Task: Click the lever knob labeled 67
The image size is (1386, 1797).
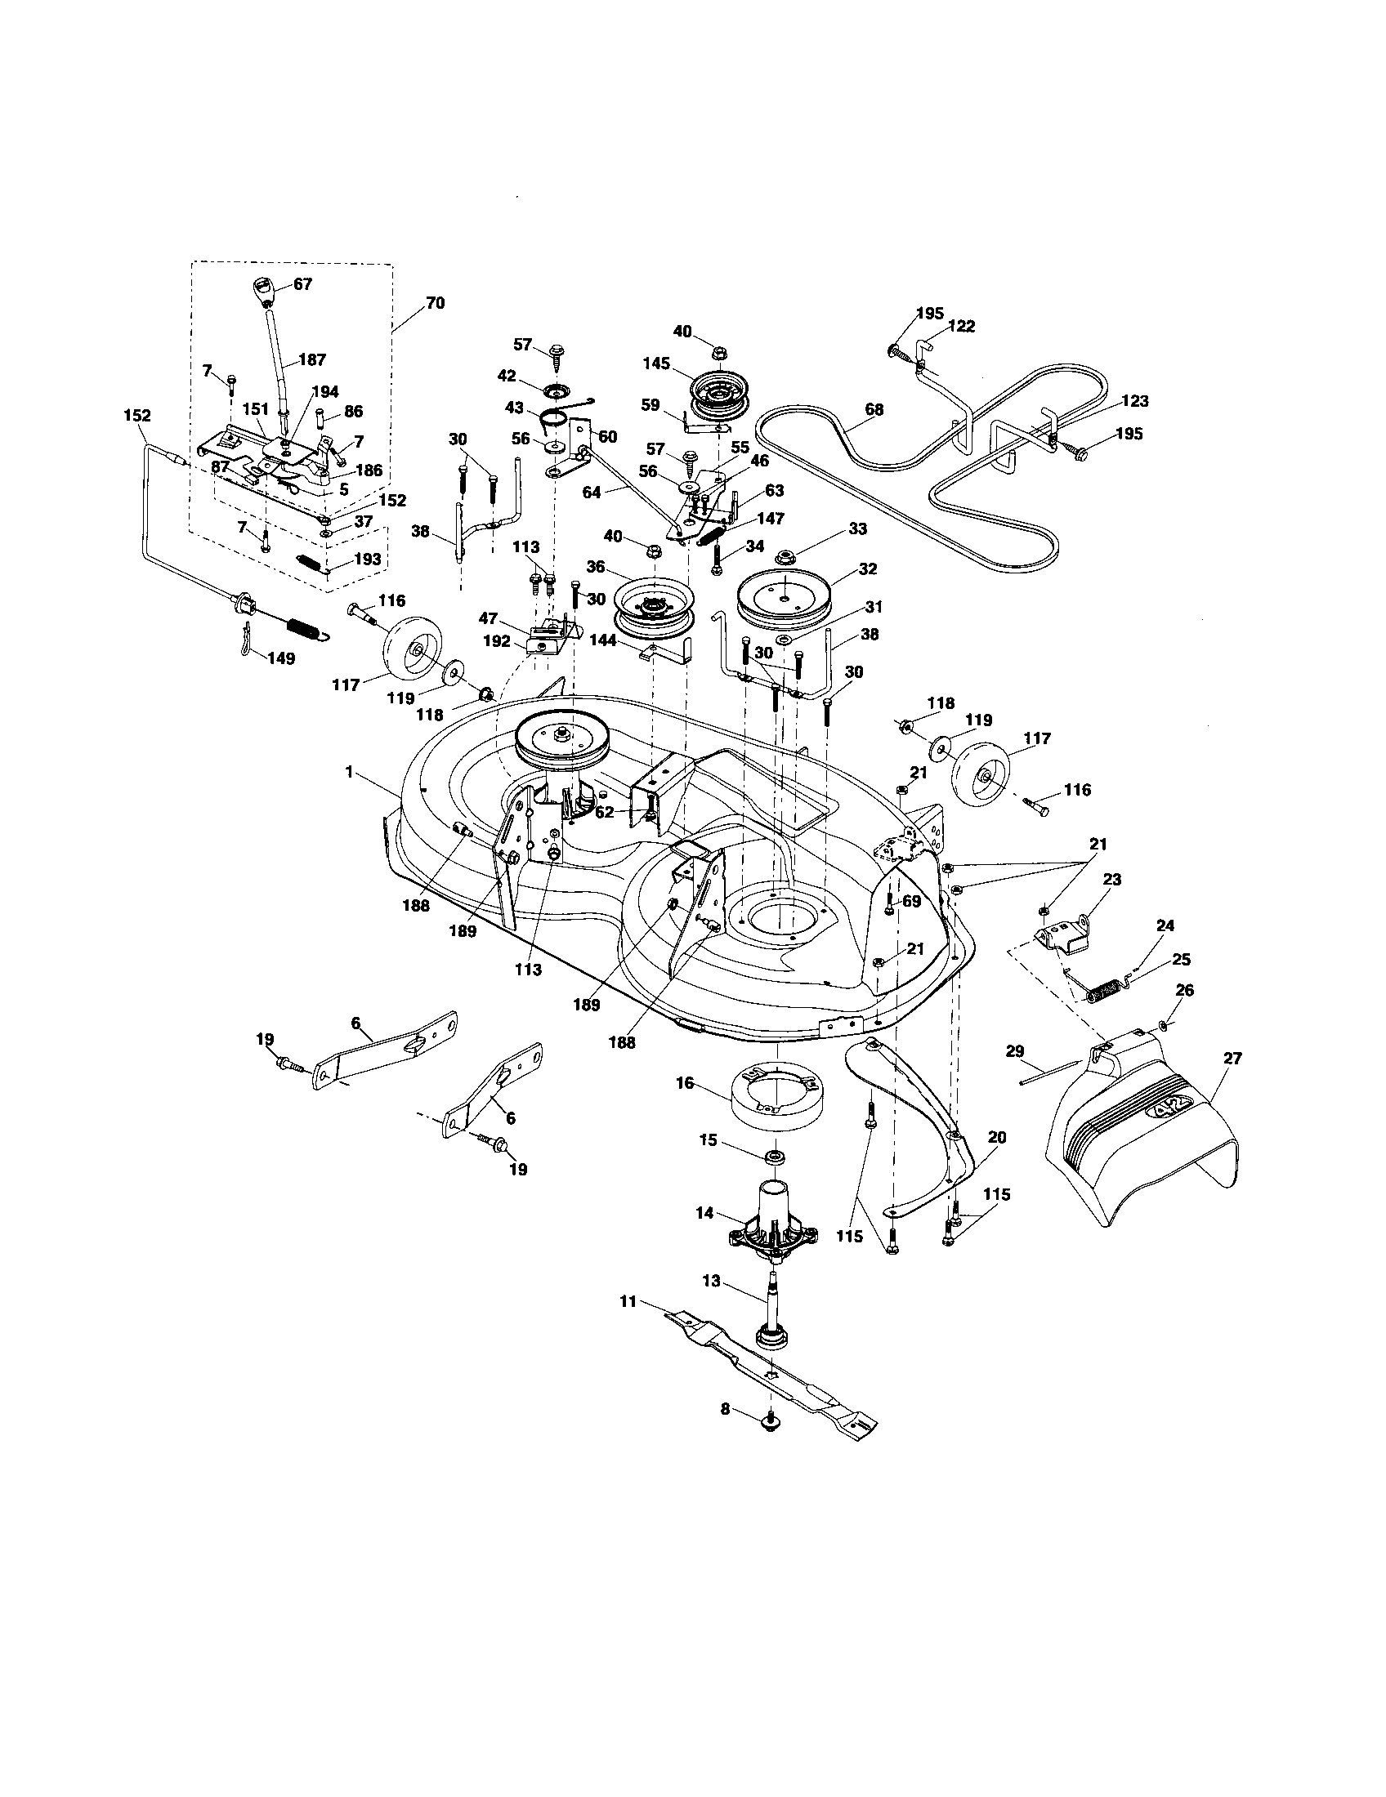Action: click(260, 292)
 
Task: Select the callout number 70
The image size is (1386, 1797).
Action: click(435, 304)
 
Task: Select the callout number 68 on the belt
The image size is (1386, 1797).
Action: click(874, 409)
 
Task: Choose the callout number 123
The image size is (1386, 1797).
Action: click(1134, 402)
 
